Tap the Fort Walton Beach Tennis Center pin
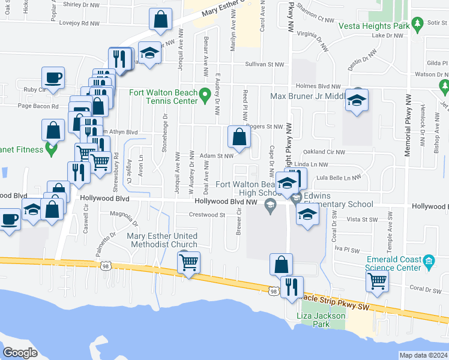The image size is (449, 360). (x=205, y=94)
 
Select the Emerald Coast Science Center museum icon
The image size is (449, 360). (x=429, y=262)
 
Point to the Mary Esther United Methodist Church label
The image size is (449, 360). (x=162, y=240)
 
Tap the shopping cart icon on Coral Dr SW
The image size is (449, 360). (x=377, y=280)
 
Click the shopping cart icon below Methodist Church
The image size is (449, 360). (x=189, y=262)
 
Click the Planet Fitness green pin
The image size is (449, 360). (x=51, y=148)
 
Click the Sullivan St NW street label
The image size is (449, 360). (x=264, y=64)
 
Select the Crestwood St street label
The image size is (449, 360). (x=206, y=214)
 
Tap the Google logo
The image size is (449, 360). (x=20, y=352)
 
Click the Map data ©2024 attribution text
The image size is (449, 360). (x=423, y=355)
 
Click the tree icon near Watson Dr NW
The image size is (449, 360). (x=444, y=88)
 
